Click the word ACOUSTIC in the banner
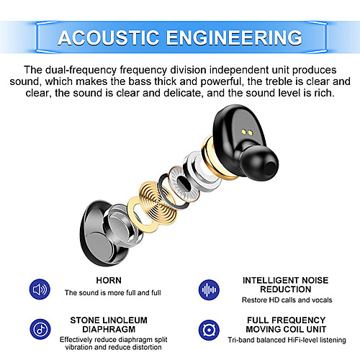pos(108,37)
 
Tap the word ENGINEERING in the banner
pos(234,37)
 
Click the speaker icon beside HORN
pos(40,289)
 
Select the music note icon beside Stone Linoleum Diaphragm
pos(40,329)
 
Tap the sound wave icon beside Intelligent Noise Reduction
pos(209,289)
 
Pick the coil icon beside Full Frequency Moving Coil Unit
pos(209,330)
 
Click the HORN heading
pos(109,280)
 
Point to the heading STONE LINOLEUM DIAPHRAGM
pos(109,325)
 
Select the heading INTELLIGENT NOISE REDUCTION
pos(285,284)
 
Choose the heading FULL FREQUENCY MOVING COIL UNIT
pos(286,325)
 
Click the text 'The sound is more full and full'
pos(113,293)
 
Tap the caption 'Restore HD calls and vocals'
pos(287,300)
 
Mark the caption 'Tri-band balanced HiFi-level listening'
pos(287,340)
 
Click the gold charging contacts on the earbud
pos(247,132)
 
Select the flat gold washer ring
pos(139,215)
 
